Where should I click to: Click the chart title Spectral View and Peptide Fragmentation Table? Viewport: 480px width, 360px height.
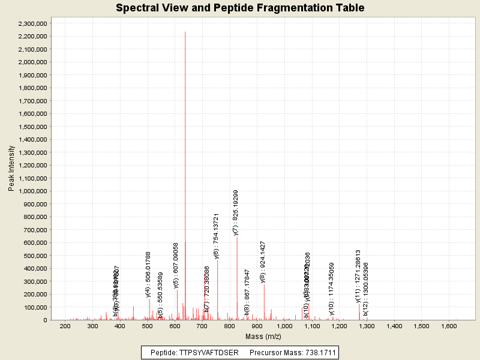(x=240, y=8)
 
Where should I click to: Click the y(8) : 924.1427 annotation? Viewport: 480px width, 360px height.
(x=263, y=262)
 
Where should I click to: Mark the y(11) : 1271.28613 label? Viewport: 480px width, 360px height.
(x=358, y=276)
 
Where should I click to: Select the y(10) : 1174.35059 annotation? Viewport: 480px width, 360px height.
(x=331, y=288)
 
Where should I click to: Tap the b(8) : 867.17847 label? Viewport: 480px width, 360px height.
(x=247, y=292)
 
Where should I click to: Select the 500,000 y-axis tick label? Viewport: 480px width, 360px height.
(x=37, y=256)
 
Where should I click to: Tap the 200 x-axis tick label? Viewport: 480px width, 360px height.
(x=65, y=326)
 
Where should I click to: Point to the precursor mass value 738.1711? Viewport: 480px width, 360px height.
(x=317, y=352)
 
